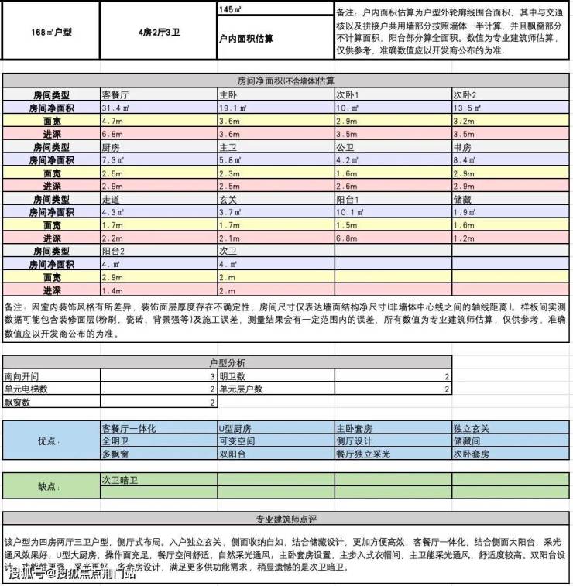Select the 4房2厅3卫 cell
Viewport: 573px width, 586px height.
pyautogui.click(x=158, y=32)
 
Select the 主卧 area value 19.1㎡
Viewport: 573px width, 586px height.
pyautogui.click(x=232, y=108)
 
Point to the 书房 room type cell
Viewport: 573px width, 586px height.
pyautogui.click(x=465, y=147)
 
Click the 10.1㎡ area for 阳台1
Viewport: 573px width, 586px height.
pyautogui.click(x=350, y=213)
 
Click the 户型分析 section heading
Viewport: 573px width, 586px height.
pyautogui.click(x=228, y=362)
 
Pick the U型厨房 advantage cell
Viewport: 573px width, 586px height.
pyautogui.click(x=235, y=428)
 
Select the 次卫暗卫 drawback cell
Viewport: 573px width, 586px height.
pyautogui.click(x=119, y=480)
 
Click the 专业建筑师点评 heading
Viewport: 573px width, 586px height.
pyautogui.click(x=286, y=519)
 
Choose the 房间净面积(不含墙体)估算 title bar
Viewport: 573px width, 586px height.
pyautogui.click(x=286, y=81)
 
